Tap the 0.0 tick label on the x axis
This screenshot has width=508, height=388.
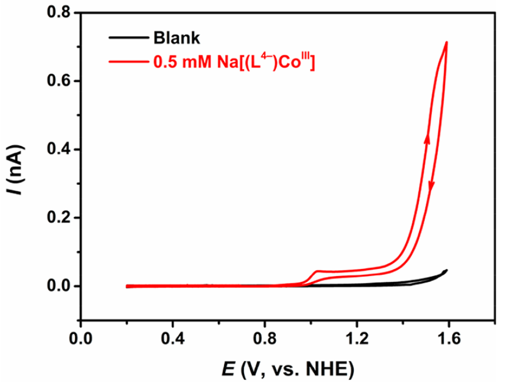click(x=81, y=340)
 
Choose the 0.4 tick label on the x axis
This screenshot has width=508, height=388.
click(x=173, y=340)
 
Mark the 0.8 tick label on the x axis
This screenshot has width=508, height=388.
click(x=265, y=340)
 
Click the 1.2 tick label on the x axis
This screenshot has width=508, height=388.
click(x=357, y=340)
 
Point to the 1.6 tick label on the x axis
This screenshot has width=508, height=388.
click(x=448, y=340)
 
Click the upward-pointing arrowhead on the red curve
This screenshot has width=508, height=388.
click(x=427, y=138)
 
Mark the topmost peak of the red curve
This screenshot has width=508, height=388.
click(x=447, y=42)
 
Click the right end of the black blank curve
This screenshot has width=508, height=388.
click(x=447, y=270)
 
